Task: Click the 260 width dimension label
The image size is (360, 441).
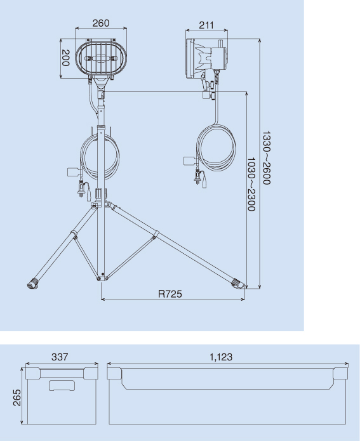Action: tap(101, 23)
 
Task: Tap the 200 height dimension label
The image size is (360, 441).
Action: tap(65, 58)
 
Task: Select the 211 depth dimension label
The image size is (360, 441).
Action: tap(206, 25)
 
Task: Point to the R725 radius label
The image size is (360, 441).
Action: tap(170, 294)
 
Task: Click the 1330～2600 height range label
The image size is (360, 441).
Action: tap(266, 157)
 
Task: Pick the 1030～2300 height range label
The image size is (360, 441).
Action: tap(251, 184)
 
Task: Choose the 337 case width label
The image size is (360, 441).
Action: tap(60, 357)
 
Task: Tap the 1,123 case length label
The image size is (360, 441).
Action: tap(221, 357)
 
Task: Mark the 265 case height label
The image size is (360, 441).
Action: tap(17, 398)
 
